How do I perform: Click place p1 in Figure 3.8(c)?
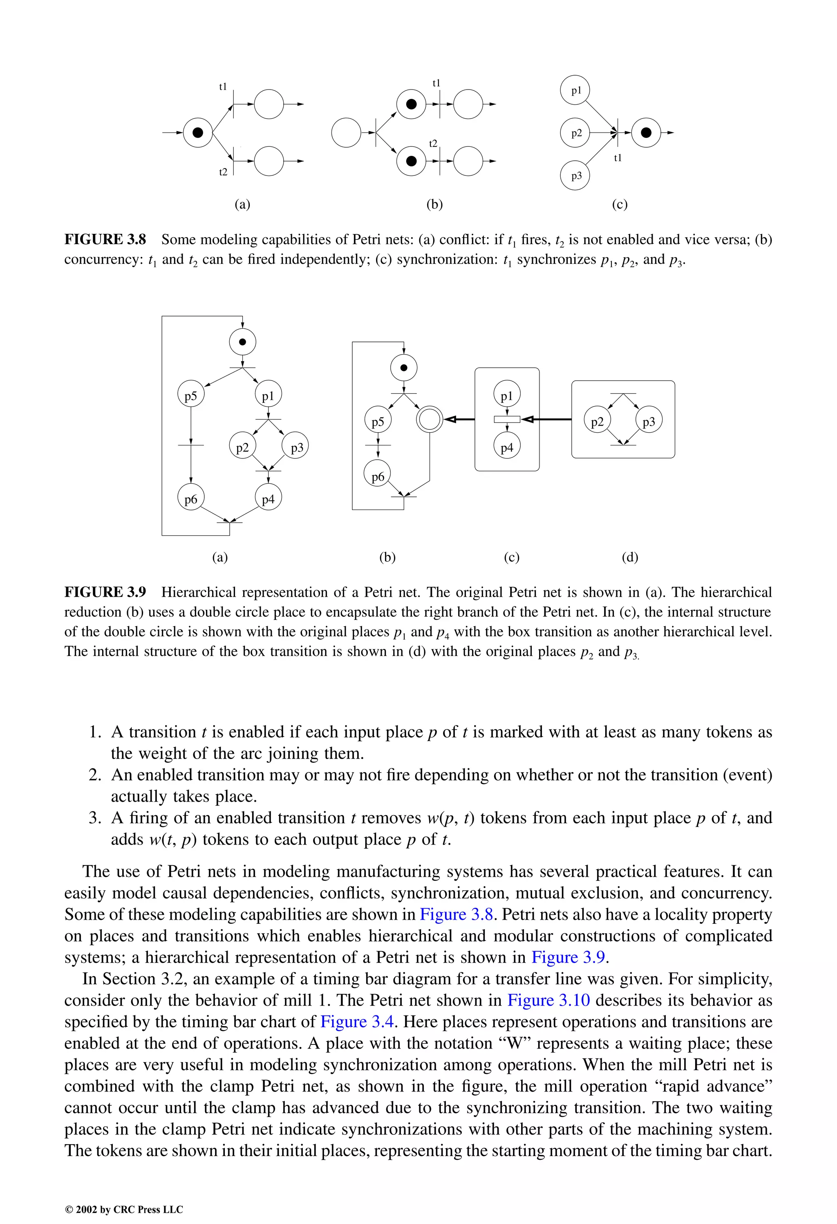pos(576,91)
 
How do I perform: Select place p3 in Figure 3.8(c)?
pos(576,176)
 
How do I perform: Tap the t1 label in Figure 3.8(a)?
pos(223,87)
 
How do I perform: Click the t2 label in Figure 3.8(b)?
pos(433,143)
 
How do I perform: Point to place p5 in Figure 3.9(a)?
pos(190,395)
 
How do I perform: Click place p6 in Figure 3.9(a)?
pos(190,499)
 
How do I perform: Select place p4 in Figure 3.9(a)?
pos(268,499)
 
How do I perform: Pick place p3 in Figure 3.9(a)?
pos(296,447)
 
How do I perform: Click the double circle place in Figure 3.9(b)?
pos(430,420)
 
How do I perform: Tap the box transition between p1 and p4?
pos(507,420)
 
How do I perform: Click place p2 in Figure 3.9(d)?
pos(597,421)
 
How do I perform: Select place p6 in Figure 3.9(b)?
pos(378,477)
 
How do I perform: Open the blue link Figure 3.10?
pos(548,1000)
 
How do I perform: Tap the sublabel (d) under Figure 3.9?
pos(630,557)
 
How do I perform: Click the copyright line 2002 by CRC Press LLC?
pos(124,1210)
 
